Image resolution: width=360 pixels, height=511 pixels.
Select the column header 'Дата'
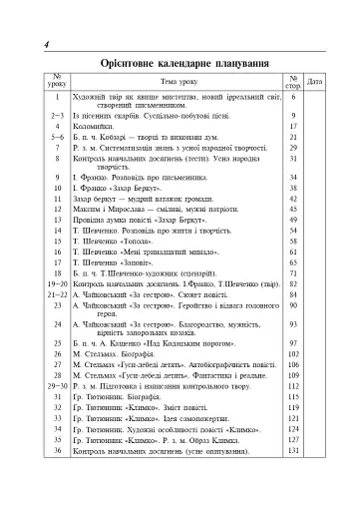pos(315,81)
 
